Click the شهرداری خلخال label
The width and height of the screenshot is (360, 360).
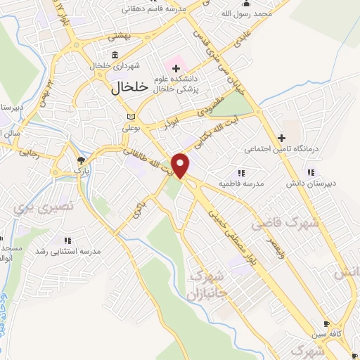click(x=116, y=66)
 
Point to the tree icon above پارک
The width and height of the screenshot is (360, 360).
click(x=79, y=161)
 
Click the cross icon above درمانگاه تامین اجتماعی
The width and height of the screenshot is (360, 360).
click(x=281, y=138)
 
